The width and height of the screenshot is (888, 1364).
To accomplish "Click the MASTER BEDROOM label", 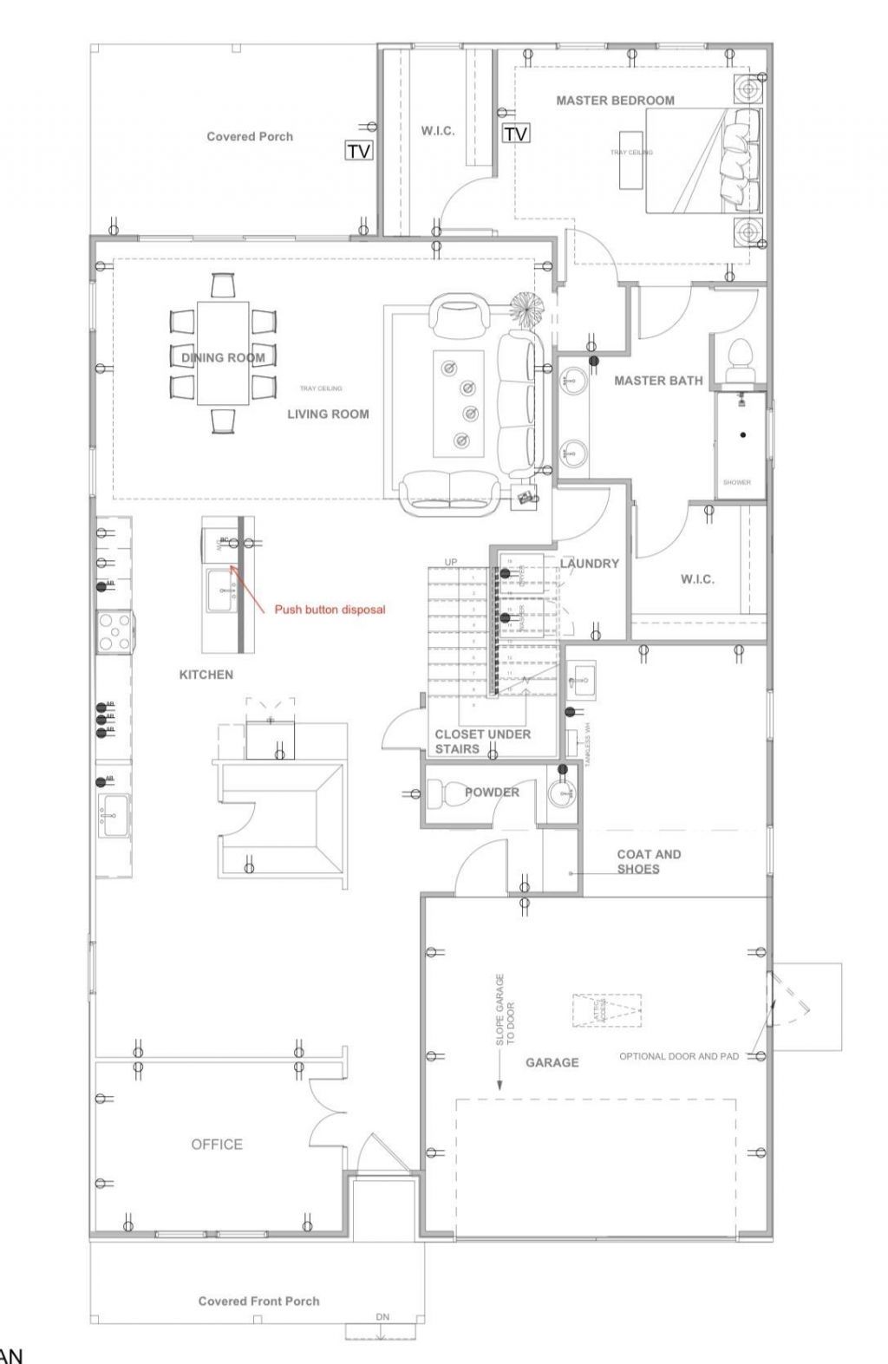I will (615, 101).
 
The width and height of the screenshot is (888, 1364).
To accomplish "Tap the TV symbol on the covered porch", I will (359, 151).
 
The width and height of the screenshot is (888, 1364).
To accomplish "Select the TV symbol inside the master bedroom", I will (516, 134).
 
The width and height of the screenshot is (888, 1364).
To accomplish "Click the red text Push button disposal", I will (330, 610).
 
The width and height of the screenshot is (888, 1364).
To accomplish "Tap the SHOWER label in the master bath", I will (736, 482).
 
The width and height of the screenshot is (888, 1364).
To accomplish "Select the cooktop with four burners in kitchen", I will (114, 631).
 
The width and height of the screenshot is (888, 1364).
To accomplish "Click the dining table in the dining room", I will (223, 352).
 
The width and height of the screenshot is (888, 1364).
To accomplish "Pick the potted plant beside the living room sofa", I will (526, 307).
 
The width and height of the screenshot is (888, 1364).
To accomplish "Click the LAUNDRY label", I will (590, 564).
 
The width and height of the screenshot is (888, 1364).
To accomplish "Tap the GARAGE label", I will (552, 1062).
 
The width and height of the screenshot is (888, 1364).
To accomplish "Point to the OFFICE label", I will (217, 1145).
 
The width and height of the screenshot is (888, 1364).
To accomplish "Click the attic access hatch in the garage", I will (607, 1010).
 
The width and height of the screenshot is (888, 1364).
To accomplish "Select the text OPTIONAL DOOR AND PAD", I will (679, 1056).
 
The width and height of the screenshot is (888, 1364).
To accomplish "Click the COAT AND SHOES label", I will (649, 861).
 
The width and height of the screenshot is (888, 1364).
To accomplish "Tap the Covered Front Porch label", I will (258, 1301).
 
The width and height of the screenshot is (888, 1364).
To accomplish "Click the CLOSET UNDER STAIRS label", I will (482, 741).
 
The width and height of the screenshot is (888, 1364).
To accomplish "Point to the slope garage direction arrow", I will (500, 1075).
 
